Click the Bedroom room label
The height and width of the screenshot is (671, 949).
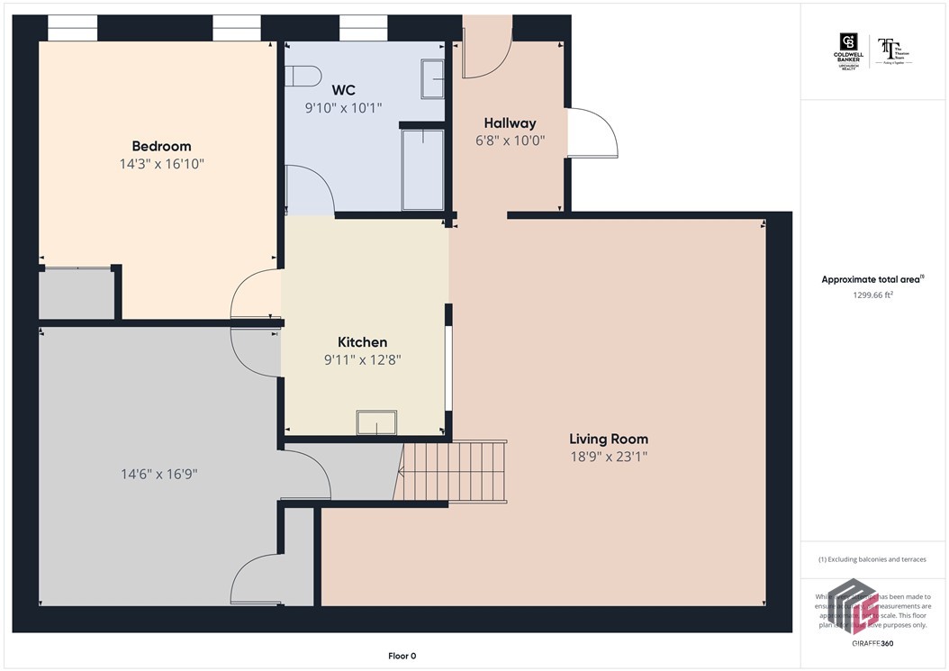[161, 146]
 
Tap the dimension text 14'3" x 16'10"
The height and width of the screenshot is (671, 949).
[161, 164]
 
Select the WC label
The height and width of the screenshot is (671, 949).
[343, 90]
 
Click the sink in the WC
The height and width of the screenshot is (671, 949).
[432, 79]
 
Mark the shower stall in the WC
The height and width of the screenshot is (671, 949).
[422, 169]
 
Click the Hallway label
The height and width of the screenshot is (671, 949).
[510, 122]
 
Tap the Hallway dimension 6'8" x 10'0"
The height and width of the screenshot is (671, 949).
[510, 141]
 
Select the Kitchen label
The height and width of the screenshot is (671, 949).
[362, 342]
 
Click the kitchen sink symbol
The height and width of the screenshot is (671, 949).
[376, 422]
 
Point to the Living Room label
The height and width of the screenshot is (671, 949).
[608, 439]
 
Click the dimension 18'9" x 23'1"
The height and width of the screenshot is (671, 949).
[608, 457]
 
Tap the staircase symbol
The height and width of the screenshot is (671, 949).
[453, 471]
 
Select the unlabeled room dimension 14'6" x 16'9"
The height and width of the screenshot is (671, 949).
[160, 474]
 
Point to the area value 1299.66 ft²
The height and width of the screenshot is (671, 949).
[872, 295]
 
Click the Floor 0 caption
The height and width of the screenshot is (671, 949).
[402, 656]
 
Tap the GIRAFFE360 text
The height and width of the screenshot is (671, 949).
[872, 644]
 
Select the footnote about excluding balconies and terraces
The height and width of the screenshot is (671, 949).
[872, 559]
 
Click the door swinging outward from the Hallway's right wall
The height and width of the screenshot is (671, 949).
[592, 133]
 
